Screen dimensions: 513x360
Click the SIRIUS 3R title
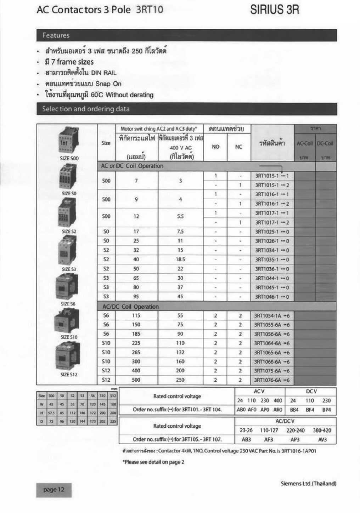click(x=275, y=10)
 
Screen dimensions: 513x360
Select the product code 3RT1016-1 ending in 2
click(x=272, y=204)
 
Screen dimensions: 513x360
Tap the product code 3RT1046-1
click(x=272, y=297)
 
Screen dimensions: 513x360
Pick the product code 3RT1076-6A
click(x=272, y=380)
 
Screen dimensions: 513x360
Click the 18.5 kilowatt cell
click(x=180, y=260)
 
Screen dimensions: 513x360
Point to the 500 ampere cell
click(x=136, y=380)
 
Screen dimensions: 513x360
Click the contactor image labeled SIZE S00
click(x=68, y=141)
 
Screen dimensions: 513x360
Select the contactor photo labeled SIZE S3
click(x=67, y=251)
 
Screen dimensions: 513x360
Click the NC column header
click(x=238, y=147)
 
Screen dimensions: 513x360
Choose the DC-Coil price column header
click(x=325, y=143)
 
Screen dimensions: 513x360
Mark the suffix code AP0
click(x=265, y=410)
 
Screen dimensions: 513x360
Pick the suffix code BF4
click(x=310, y=410)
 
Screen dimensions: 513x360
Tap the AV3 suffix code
click(x=322, y=439)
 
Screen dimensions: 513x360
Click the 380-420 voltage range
click(x=322, y=431)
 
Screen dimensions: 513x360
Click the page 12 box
click(x=54, y=490)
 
